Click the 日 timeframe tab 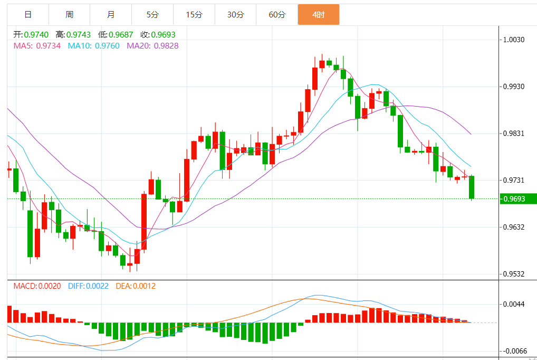tap(28, 15)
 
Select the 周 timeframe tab tap(70, 15)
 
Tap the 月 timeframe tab tap(111, 15)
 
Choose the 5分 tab tap(152, 15)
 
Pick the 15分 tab tap(194, 15)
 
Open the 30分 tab tap(235, 15)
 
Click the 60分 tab tap(277, 15)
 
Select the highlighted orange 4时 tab tap(318, 15)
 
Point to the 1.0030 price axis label tap(513, 40)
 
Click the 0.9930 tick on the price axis tap(513, 86)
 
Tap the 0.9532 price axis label tap(513, 274)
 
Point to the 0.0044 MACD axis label tap(513, 304)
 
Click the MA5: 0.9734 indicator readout tap(37, 46)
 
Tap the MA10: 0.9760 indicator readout tap(93, 46)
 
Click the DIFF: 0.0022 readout tap(88, 286)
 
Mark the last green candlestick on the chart tap(471, 187)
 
